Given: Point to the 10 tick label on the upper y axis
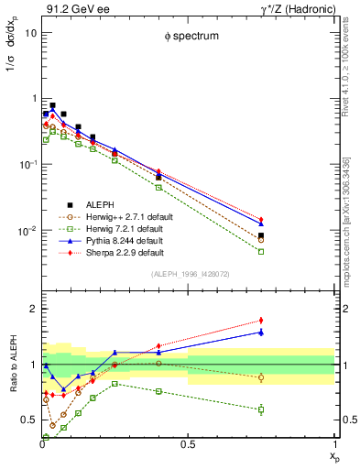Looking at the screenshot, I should [x=29, y=33].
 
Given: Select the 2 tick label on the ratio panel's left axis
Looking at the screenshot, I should [x=32, y=309].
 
